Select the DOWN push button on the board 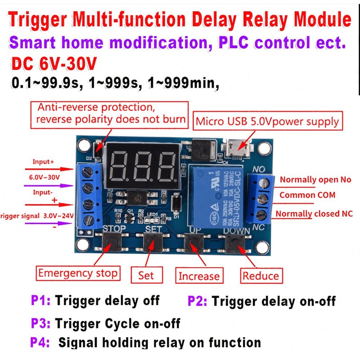pos(235,245)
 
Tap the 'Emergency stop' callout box pos(78,273)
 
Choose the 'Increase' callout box pos(199,275)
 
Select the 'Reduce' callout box pos(261,275)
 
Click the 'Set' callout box pos(146,274)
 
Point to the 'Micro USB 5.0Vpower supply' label pos(267,121)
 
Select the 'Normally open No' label pos(315,180)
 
